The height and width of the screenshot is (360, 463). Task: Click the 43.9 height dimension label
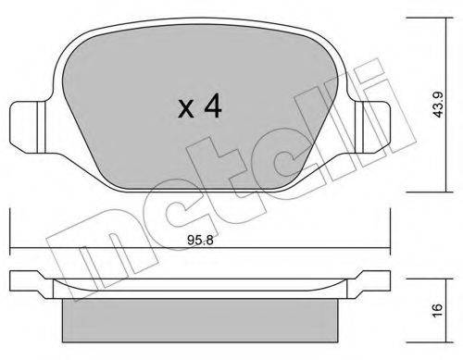pos(438,105)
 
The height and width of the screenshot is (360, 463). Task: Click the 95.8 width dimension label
pos(200,240)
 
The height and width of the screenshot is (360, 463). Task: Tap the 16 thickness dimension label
pos(438,310)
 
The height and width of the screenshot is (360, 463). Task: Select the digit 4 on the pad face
pos(213,106)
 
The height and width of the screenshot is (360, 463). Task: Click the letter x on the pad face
pos(186,109)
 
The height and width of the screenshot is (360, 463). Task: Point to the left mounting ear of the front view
pos(28,128)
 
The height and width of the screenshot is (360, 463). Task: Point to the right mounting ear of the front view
pos(372,128)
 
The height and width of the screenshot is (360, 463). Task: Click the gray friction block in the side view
pos(200,320)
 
